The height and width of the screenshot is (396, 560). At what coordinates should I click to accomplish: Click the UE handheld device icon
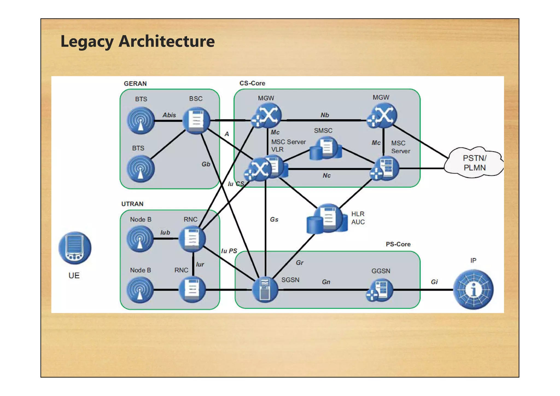[x=75, y=248]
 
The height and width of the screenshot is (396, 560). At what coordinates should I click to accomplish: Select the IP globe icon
[x=473, y=290]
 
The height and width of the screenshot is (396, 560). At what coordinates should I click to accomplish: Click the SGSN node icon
[x=265, y=290]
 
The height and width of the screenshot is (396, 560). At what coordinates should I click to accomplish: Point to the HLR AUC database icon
[x=327, y=219]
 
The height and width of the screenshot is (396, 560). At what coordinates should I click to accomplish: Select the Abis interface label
[x=169, y=115]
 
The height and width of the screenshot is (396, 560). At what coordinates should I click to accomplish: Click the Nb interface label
[x=325, y=115]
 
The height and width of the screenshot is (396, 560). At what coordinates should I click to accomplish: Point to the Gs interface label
[x=274, y=220]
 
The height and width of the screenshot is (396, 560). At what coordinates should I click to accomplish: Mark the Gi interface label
[x=434, y=282]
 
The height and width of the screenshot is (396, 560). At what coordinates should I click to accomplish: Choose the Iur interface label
[x=200, y=264]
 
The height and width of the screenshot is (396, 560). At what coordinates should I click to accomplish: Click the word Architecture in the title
[x=167, y=41]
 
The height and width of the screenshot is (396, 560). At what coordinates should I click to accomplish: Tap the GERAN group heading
[x=135, y=84]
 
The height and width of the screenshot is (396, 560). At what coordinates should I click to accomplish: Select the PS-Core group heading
[x=398, y=244]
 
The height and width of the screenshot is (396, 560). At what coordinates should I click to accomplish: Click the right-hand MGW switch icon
[x=383, y=115]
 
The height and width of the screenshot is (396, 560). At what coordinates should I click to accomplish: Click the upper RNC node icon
[x=192, y=238]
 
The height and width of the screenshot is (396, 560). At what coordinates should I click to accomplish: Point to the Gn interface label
[x=326, y=282]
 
